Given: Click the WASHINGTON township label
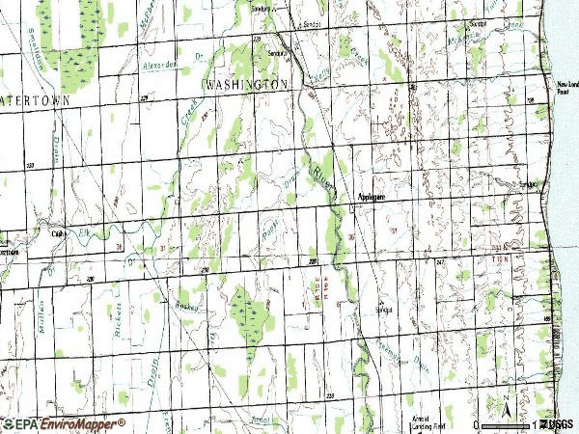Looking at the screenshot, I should tap(247, 85).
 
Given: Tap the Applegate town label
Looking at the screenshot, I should tap(372, 196).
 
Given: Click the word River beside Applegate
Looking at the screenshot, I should tap(323, 176).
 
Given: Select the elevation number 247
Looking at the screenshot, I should tap(440, 261).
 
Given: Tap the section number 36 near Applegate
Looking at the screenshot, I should tap(351, 236).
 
